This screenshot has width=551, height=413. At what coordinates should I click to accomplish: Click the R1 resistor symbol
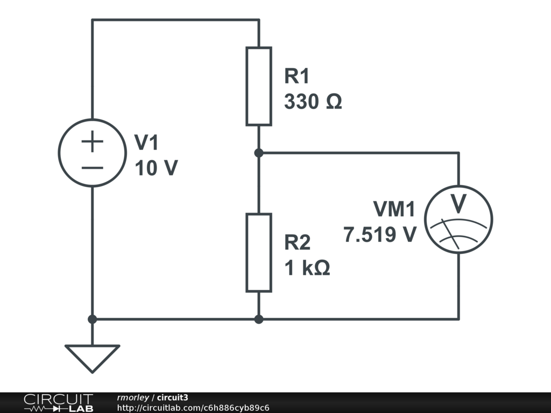258,86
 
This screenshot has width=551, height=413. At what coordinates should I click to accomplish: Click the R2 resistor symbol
258,253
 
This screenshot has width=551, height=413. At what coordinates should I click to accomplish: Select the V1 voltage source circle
93,153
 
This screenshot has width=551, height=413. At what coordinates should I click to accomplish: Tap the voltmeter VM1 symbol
458,219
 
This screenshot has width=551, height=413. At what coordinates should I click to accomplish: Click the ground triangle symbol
92,357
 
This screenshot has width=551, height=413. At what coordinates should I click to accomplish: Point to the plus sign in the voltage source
93,142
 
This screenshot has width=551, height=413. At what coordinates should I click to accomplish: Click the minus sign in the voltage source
93,167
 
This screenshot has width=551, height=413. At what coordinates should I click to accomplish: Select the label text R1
297,76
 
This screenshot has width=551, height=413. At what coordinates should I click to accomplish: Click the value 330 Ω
313,102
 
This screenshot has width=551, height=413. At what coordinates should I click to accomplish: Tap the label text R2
298,243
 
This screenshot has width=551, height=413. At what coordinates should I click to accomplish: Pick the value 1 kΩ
307,268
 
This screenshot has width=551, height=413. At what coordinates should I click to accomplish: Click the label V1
146,143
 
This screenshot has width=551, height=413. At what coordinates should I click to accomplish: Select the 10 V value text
156,168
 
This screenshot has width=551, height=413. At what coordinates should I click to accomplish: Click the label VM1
394,209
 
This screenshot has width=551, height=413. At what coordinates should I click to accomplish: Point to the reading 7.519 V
380,234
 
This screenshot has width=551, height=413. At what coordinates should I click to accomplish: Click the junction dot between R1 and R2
259,153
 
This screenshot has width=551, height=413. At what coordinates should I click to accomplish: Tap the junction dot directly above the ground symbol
92,319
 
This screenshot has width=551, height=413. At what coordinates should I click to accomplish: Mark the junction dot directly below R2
259,319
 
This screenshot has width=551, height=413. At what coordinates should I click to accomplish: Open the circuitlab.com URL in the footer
193,408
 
